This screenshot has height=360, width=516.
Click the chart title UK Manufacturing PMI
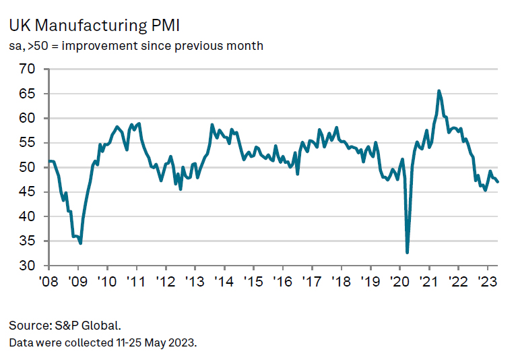(x=94, y=26)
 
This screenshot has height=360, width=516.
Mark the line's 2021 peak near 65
(x=439, y=90)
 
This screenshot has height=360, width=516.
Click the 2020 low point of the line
(x=408, y=252)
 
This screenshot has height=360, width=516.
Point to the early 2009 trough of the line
(x=81, y=243)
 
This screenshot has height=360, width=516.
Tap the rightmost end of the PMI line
(x=498, y=182)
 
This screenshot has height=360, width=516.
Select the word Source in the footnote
(x=27, y=325)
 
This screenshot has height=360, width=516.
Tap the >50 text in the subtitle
(x=38, y=46)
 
